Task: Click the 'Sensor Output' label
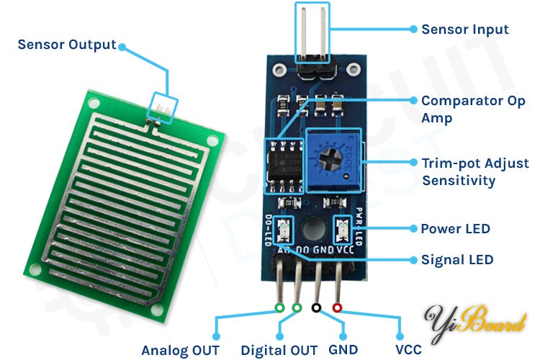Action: (x=66, y=45)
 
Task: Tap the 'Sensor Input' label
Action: (x=464, y=30)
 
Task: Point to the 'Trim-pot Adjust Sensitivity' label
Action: (x=474, y=171)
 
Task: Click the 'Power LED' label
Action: (x=455, y=229)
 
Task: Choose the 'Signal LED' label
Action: (x=457, y=259)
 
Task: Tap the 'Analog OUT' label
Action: (x=180, y=351)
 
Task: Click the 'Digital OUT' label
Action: (x=279, y=351)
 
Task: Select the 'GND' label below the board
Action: (x=343, y=351)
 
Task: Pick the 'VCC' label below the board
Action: (x=408, y=351)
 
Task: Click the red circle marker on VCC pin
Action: (x=337, y=308)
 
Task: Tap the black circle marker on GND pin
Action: (x=316, y=308)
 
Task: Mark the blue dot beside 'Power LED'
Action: (x=413, y=229)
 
